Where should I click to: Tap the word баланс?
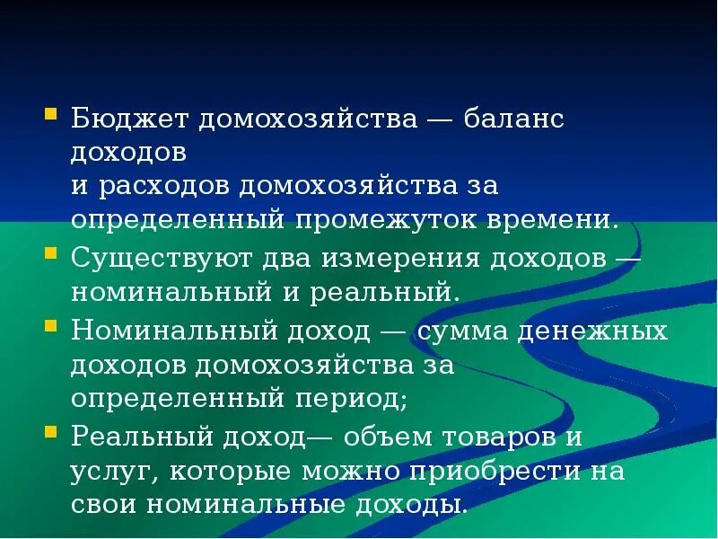pos(515,120)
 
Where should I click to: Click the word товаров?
pos(500,437)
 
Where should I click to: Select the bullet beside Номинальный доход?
pos(50,324)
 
